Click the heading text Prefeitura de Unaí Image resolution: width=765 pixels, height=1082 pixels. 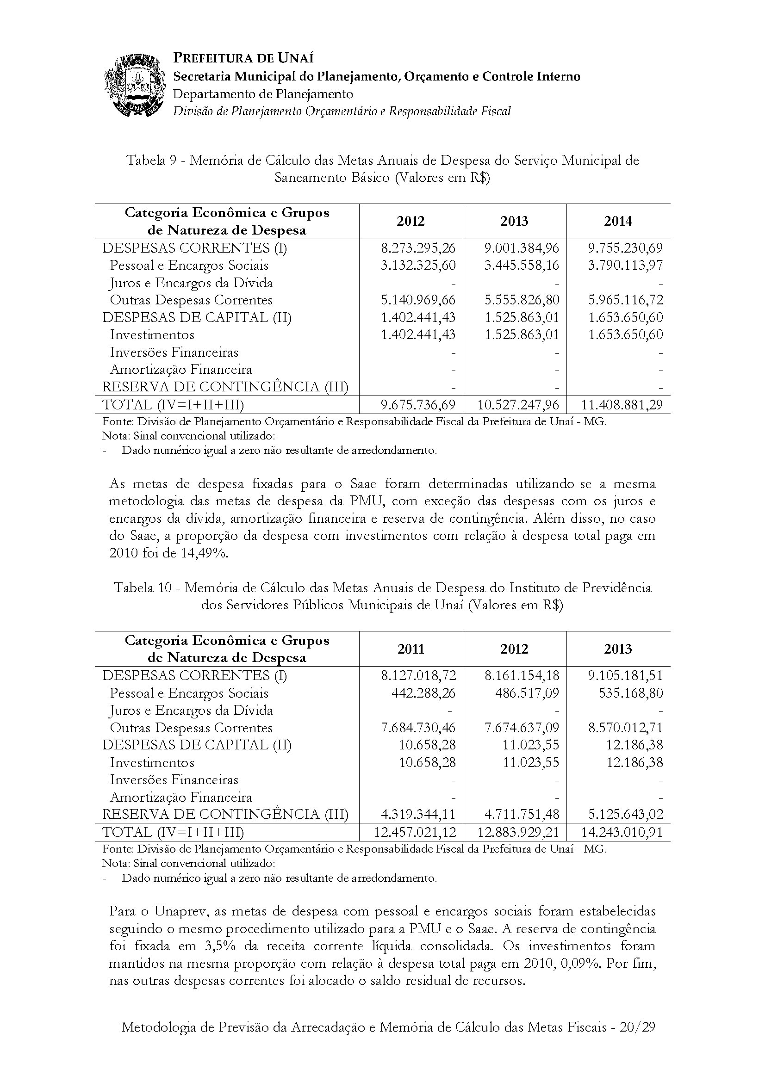click(243, 58)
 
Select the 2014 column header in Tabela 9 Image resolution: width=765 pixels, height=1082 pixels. click(617, 221)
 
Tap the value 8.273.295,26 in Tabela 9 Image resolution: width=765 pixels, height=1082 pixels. click(418, 248)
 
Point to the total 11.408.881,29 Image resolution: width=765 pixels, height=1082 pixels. click(622, 405)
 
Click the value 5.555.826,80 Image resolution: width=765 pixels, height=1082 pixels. click(522, 300)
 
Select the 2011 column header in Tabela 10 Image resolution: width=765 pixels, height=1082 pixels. click(410, 649)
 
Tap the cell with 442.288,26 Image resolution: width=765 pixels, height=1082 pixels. click(424, 693)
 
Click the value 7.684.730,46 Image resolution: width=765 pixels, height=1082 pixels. click(418, 728)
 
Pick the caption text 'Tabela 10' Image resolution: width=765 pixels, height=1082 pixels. click(146, 587)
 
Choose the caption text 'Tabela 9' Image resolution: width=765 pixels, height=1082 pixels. click(155, 161)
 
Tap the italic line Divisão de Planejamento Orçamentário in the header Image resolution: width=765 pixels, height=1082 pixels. click(342, 111)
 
